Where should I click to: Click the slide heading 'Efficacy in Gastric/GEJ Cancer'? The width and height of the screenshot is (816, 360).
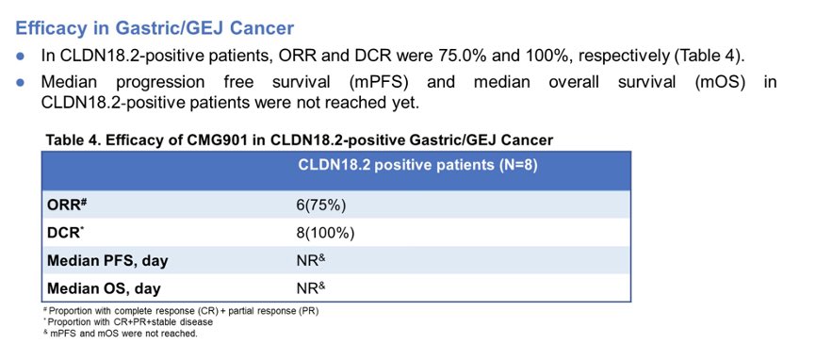click(155, 28)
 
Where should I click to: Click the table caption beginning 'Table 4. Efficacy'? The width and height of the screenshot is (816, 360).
click(300, 139)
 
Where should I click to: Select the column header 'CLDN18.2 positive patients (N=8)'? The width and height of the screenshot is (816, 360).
click(417, 166)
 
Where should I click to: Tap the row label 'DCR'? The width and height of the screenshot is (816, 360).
click(64, 233)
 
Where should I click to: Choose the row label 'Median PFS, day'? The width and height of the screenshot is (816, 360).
click(107, 261)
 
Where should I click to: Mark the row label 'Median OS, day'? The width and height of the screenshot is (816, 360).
click(104, 287)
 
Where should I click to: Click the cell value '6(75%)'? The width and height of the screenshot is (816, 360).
click(320, 205)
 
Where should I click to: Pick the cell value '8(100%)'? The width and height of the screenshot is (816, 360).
click(325, 233)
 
